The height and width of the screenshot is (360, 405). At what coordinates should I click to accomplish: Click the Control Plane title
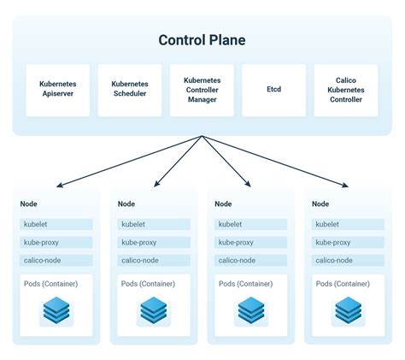click(x=202, y=40)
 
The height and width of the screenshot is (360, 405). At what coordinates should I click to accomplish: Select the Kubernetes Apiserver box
click(x=56, y=90)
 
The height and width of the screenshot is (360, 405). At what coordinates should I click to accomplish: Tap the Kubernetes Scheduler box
click(x=129, y=90)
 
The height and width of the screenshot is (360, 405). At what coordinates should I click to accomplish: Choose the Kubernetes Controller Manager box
click(x=202, y=90)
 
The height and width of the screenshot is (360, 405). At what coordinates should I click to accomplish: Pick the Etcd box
click(x=274, y=90)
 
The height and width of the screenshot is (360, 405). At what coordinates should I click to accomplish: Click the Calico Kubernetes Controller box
click(x=347, y=90)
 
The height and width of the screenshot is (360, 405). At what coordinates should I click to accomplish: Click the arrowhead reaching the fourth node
click(x=347, y=185)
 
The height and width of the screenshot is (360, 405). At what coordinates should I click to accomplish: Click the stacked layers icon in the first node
click(x=56, y=310)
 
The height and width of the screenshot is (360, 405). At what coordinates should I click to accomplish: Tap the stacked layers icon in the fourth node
click(x=348, y=310)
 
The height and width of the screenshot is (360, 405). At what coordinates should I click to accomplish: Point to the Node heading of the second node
click(x=126, y=204)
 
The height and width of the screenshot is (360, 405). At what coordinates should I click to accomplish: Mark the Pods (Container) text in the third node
click(x=247, y=284)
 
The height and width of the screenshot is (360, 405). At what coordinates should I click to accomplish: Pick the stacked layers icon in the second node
click(x=154, y=310)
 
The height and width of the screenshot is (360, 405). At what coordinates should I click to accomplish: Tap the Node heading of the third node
click(x=223, y=204)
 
